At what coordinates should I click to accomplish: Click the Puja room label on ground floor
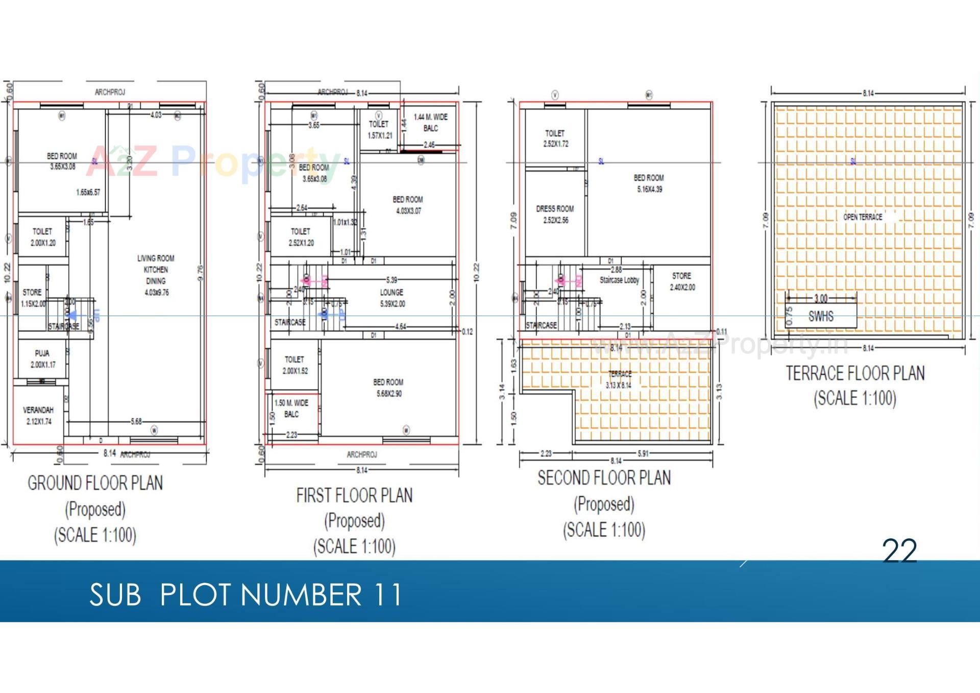pyautogui.click(x=42, y=359)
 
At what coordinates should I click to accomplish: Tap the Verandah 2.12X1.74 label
pyautogui.click(x=38, y=416)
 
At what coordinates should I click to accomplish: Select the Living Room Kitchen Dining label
pyautogui.click(x=156, y=275)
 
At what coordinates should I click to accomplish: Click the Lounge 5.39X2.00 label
pyautogui.click(x=391, y=298)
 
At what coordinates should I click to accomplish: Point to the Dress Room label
pyautogui.click(x=555, y=214)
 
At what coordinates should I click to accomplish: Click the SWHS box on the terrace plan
pyautogui.click(x=821, y=316)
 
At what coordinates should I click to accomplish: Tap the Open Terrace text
pyautogui.click(x=863, y=217)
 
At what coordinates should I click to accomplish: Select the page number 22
pyautogui.click(x=899, y=551)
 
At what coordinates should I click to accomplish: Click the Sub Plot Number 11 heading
pyautogui.click(x=246, y=595)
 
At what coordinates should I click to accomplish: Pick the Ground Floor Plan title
pyautogui.click(x=95, y=483)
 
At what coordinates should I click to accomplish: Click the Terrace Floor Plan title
pyautogui.click(x=855, y=373)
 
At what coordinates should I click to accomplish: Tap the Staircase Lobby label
pyautogui.click(x=619, y=280)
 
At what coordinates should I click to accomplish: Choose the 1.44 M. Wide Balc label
pyautogui.click(x=430, y=123)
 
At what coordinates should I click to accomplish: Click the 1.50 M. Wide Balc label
pyautogui.click(x=291, y=409)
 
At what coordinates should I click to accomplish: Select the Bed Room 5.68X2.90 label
pyautogui.click(x=388, y=388)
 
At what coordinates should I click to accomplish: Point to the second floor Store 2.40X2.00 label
pyautogui.click(x=682, y=281)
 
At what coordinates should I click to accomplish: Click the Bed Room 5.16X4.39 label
pyautogui.click(x=649, y=183)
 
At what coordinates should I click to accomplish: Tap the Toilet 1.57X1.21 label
pyautogui.click(x=379, y=130)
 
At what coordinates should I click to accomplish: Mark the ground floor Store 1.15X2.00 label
pyautogui.click(x=33, y=298)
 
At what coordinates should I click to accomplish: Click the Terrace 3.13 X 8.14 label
pyautogui.click(x=619, y=379)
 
